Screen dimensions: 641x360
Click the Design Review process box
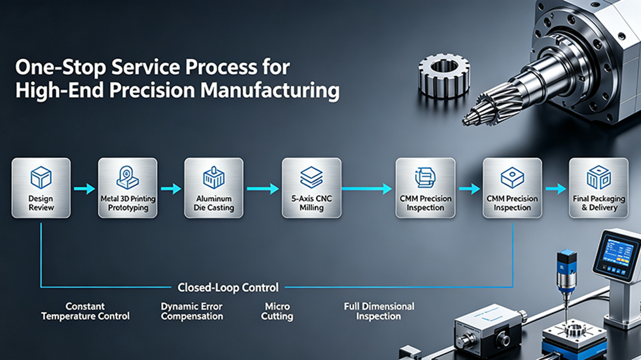coord(41,188)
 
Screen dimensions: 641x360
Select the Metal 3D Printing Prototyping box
coord(128,188)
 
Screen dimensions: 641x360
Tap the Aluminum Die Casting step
coord(214,188)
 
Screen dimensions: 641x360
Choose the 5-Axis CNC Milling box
coord(311,188)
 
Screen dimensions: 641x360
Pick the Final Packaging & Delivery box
coord(598,188)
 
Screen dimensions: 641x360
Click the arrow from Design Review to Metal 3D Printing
coord(84,189)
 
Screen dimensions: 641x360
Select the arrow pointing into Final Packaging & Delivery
coord(555,189)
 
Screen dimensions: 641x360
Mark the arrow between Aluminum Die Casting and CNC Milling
coord(262,189)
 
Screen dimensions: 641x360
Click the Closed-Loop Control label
coord(228,287)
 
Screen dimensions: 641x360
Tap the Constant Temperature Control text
coord(85,311)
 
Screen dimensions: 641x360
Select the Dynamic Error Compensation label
coord(192,311)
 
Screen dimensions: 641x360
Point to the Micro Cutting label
coord(277,311)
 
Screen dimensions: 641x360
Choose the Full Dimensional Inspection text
coord(379,311)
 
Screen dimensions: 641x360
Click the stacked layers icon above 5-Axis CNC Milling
coord(311,177)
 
